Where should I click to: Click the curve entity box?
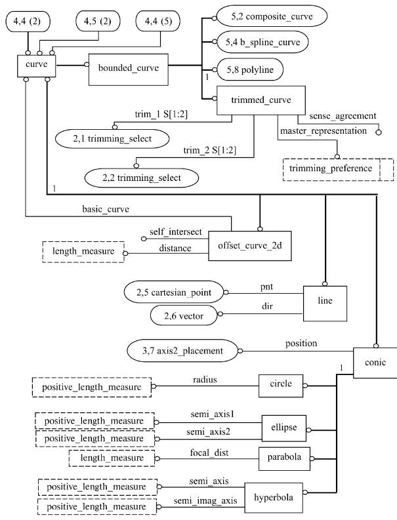pos(37,66)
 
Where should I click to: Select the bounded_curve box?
pos(129,70)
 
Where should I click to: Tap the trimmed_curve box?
pos(261,100)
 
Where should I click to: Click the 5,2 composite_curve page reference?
pos(272,16)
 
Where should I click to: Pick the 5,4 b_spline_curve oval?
pos(262,42)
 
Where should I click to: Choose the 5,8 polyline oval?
pos(250,70)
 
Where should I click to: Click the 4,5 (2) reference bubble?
pos(98,21)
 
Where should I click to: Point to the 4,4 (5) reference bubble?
pos(158,21)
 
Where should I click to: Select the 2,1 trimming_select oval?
pos(112,138)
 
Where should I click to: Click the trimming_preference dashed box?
pos(338,169)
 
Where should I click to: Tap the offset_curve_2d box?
pos(250,246)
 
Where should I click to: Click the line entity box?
pos(325,304)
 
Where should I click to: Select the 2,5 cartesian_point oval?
pos(174,292)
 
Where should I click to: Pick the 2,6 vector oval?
pos(184,315)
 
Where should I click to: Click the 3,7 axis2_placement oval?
pos(182,351)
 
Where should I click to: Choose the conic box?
pos(375,363)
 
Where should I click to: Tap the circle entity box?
pos(281,386)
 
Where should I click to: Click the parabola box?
pos(284,458)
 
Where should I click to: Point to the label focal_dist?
pos(209,452)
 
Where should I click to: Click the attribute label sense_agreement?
pos(343,116)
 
